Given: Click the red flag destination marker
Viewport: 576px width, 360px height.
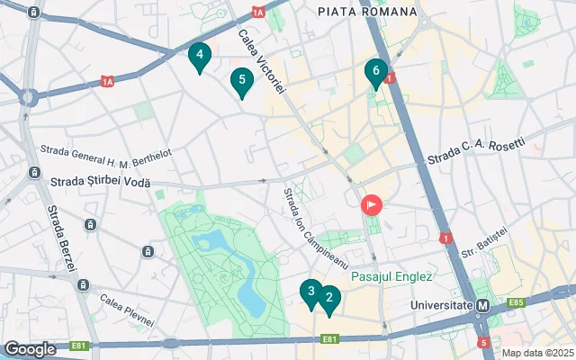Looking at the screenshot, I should [371, 205].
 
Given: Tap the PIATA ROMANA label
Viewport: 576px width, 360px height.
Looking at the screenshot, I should [367, 12].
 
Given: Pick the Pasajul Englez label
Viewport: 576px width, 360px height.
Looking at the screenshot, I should [392, 276].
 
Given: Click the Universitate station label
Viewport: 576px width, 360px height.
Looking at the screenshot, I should [441, 305].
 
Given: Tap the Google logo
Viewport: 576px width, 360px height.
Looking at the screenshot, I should [30, 348].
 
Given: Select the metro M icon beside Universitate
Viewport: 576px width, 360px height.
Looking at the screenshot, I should [483, 306].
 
